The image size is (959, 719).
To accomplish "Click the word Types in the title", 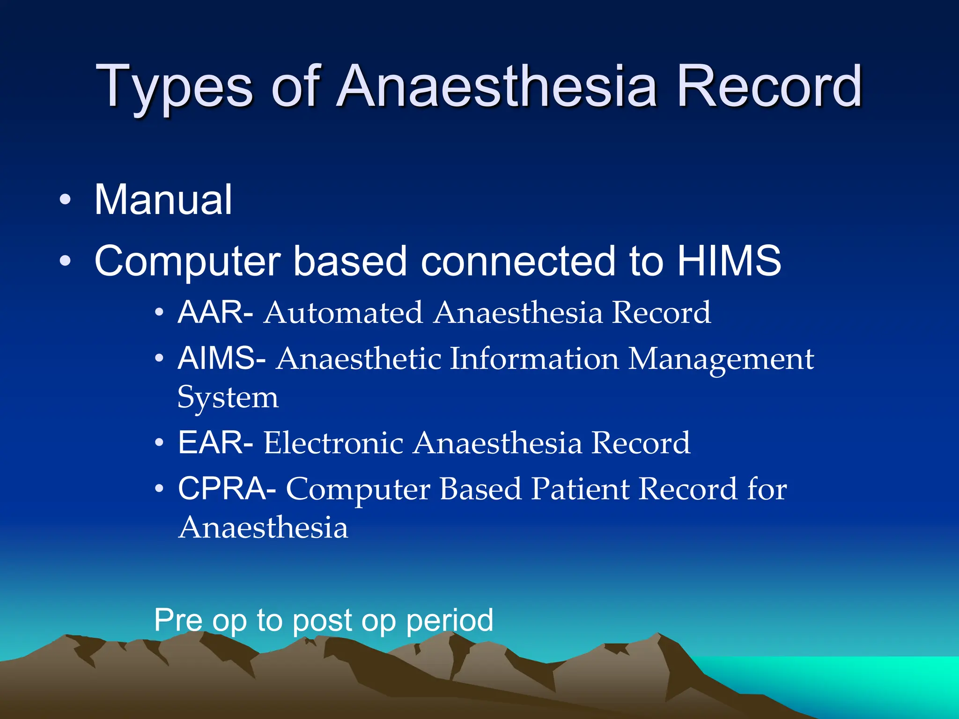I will point(174,88).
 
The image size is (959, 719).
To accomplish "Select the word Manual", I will point(163,200).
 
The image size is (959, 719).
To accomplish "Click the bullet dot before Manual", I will point(66,200).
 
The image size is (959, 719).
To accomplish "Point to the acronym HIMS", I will point(729,261).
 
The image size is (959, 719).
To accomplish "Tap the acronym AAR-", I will point(216,312).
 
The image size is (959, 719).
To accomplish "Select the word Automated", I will point(343,313).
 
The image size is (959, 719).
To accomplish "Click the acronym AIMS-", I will point(222,359).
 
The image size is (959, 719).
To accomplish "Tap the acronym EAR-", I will point(216,442).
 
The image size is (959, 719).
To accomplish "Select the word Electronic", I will point(333,443).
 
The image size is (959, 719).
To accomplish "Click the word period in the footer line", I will point(449,621).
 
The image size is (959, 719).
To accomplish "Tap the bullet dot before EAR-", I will point(159,442).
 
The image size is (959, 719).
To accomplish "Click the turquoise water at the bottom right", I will point(866,679).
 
